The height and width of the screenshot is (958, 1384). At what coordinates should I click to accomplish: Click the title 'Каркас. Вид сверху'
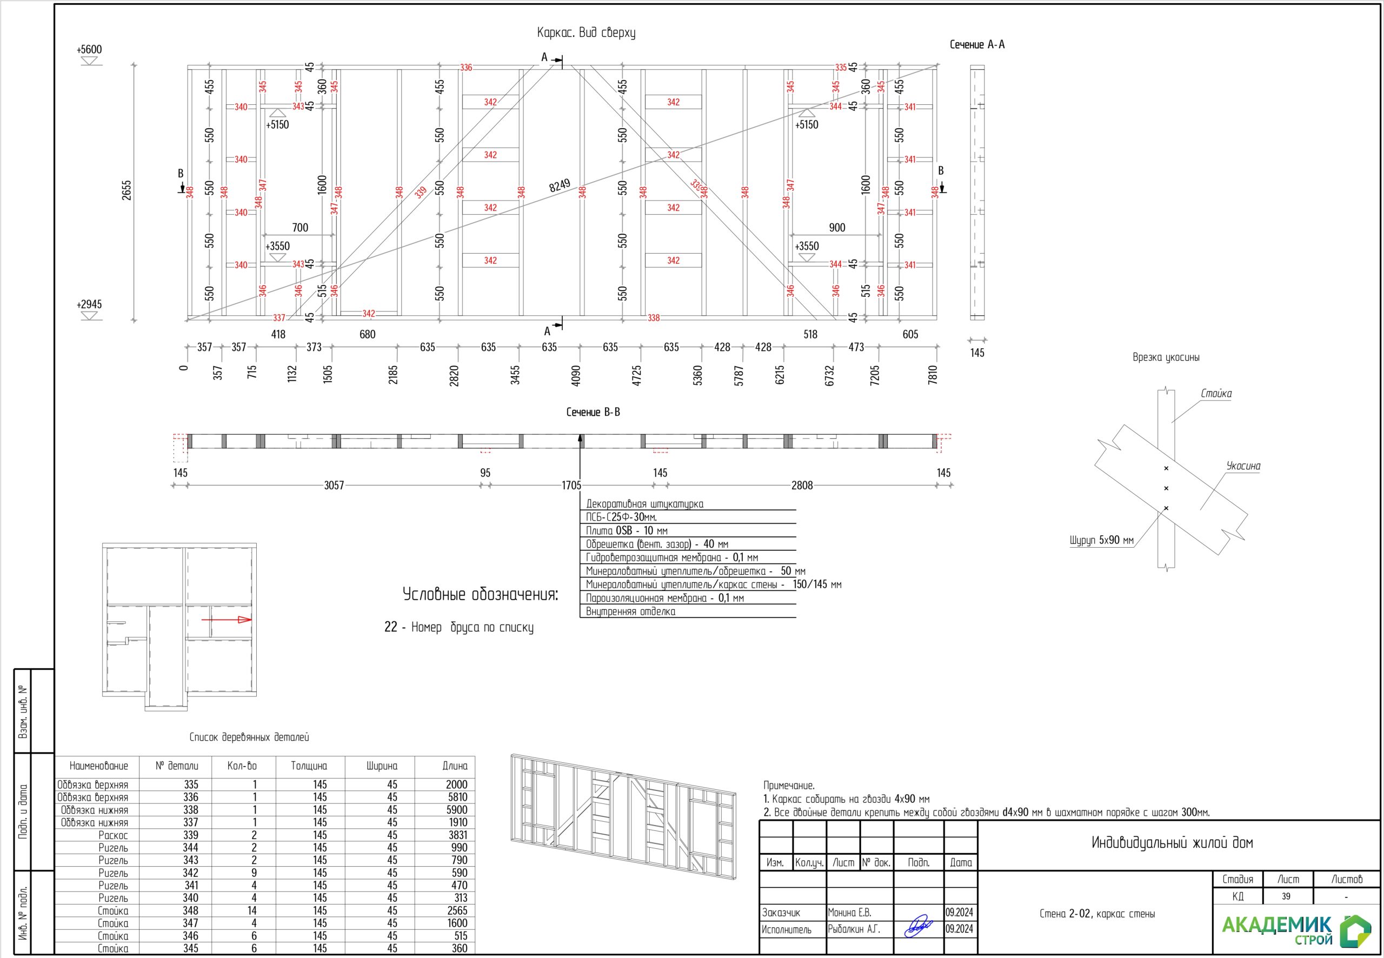click(x=586, y=33)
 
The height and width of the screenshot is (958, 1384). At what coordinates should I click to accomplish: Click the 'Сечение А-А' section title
click(x=977, y=44)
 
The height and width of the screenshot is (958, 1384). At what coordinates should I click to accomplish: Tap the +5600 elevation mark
click(x=89, y=49)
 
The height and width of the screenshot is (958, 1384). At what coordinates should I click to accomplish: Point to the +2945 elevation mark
click(x=89, y=304)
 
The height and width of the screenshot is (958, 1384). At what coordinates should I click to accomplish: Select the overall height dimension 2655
click(x=127, y=190)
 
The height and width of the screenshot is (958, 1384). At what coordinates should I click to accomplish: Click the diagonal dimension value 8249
click(x=560, y=185)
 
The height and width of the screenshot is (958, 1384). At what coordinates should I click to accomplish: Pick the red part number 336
click(x=467, y=67)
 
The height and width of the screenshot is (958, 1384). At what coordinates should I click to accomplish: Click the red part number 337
click(x=279, y=317)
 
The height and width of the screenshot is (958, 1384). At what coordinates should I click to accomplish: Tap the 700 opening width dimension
click(x=300, y=228)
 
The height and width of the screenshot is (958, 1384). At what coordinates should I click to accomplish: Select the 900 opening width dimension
click(x=837, y=228)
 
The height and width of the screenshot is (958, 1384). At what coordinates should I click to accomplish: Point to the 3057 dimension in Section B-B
click(x=334, y=485)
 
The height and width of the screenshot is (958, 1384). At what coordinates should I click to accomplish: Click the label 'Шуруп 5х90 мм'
click(x=1101, y=540)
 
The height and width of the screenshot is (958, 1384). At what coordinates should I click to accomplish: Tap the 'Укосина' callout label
click(x=1243, y=466)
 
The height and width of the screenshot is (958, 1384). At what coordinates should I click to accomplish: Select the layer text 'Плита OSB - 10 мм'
click(x=627, y=530)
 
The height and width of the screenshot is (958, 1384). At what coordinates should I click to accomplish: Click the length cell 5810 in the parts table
click(x=457, y=797)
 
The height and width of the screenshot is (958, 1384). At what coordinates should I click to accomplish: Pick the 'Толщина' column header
click(x=309, y=766)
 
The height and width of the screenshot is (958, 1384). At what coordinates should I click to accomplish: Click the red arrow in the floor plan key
click(x=227, y=620)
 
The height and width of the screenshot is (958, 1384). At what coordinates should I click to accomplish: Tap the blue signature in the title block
click(x=919, y=926)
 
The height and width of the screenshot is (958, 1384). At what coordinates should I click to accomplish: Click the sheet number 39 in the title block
click(x=1286, y=896)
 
